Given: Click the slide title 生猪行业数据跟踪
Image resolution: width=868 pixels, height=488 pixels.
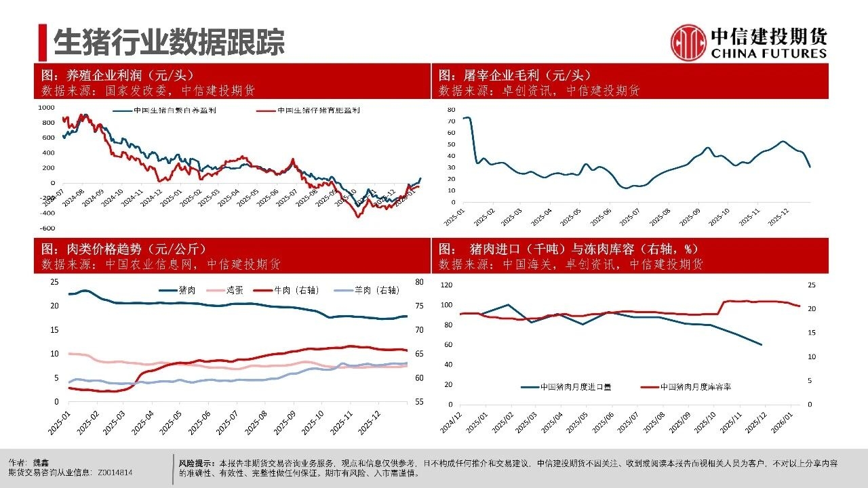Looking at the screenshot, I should pyautogui.click(x=169, y=42).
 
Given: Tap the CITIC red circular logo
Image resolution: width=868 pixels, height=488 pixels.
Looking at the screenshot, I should pyautogui.click(x=688, y=42).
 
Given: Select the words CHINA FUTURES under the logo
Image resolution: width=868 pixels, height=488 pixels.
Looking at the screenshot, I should pyautogui.click(x=769, y=54).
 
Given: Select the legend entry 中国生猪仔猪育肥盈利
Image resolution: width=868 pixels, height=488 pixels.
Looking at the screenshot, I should pyautogui.click(x=319, y=110).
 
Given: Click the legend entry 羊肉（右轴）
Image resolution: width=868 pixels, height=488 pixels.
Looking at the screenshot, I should pyautogui.click(x=378, y=289).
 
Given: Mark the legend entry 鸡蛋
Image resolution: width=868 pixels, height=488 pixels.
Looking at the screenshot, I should pyautogui.click(x=234, y=289).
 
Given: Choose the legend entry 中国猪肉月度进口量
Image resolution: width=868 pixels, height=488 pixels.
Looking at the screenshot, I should pyautogui.click(x=576, y=387).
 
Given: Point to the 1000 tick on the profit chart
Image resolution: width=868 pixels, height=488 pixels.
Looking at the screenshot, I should pyautogui.click(x=46, y=107).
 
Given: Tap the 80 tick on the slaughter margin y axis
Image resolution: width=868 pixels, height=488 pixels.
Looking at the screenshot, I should pyautogui.click(x=451, y=108).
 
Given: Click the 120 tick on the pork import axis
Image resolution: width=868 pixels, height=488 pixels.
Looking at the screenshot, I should pyautogui.click(x=446, y=285).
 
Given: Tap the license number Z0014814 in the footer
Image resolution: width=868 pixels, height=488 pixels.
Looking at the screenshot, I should pyautogui.click(x=115, y=472).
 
